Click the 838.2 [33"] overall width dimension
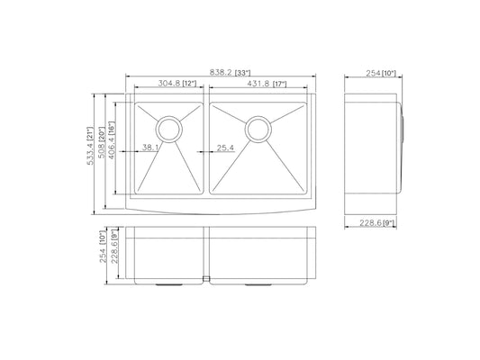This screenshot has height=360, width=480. coord(230,73)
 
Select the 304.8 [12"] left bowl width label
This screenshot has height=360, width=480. coord(177,83)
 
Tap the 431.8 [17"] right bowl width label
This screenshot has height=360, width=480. coord(267,84)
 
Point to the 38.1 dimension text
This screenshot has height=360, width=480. coord(150,148)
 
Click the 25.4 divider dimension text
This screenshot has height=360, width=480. coord(226,148)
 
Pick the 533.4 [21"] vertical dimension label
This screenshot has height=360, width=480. coord(90,146)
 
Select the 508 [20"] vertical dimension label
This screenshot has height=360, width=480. coord(102,142)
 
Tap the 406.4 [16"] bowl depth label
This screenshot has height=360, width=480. coord(112,140)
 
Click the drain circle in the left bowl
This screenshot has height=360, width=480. coord(169,130)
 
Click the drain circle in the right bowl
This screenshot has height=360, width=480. coord(258,130)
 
